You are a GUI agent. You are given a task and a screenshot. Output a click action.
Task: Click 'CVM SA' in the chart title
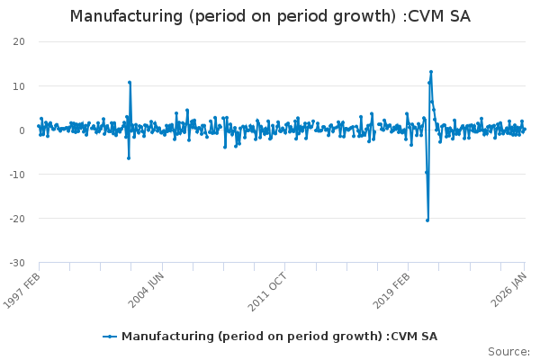pyautogui.click(x=440, y=17)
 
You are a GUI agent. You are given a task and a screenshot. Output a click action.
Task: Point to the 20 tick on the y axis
pyautogui.click(x=19, y=41)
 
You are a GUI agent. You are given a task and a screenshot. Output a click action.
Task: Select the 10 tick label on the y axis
pyautogui.click(x=19, y=85)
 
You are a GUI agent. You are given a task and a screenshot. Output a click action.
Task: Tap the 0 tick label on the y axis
pyautogui.click(x=22, y=130)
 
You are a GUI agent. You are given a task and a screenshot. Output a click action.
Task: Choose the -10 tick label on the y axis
pyautogui.click(x=17, y=174)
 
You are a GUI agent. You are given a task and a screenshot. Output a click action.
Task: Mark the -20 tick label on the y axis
pyautogui.click(x=17, y=218)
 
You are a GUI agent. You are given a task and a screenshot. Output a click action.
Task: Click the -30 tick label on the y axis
pyautogui.click(x=17, y=262)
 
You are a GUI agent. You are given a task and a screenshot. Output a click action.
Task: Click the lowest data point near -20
pyautogui.click(x=427, y=220)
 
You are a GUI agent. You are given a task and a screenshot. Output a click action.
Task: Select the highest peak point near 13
pyautogui.click(x=431, y=72)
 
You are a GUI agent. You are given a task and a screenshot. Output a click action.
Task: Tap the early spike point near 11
pyautogui.click(x=130, y=83)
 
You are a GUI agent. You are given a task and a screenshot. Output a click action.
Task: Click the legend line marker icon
pyautogui.click(x=110, y=337)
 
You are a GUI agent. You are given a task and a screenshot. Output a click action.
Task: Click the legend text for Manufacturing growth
pyautogui.click(x=279, y=337)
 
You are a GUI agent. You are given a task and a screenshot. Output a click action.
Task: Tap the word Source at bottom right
pyautogui.click(x=508, y=351)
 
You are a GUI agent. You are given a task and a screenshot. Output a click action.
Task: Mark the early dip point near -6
pyautogui.click(x=129, y=157)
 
